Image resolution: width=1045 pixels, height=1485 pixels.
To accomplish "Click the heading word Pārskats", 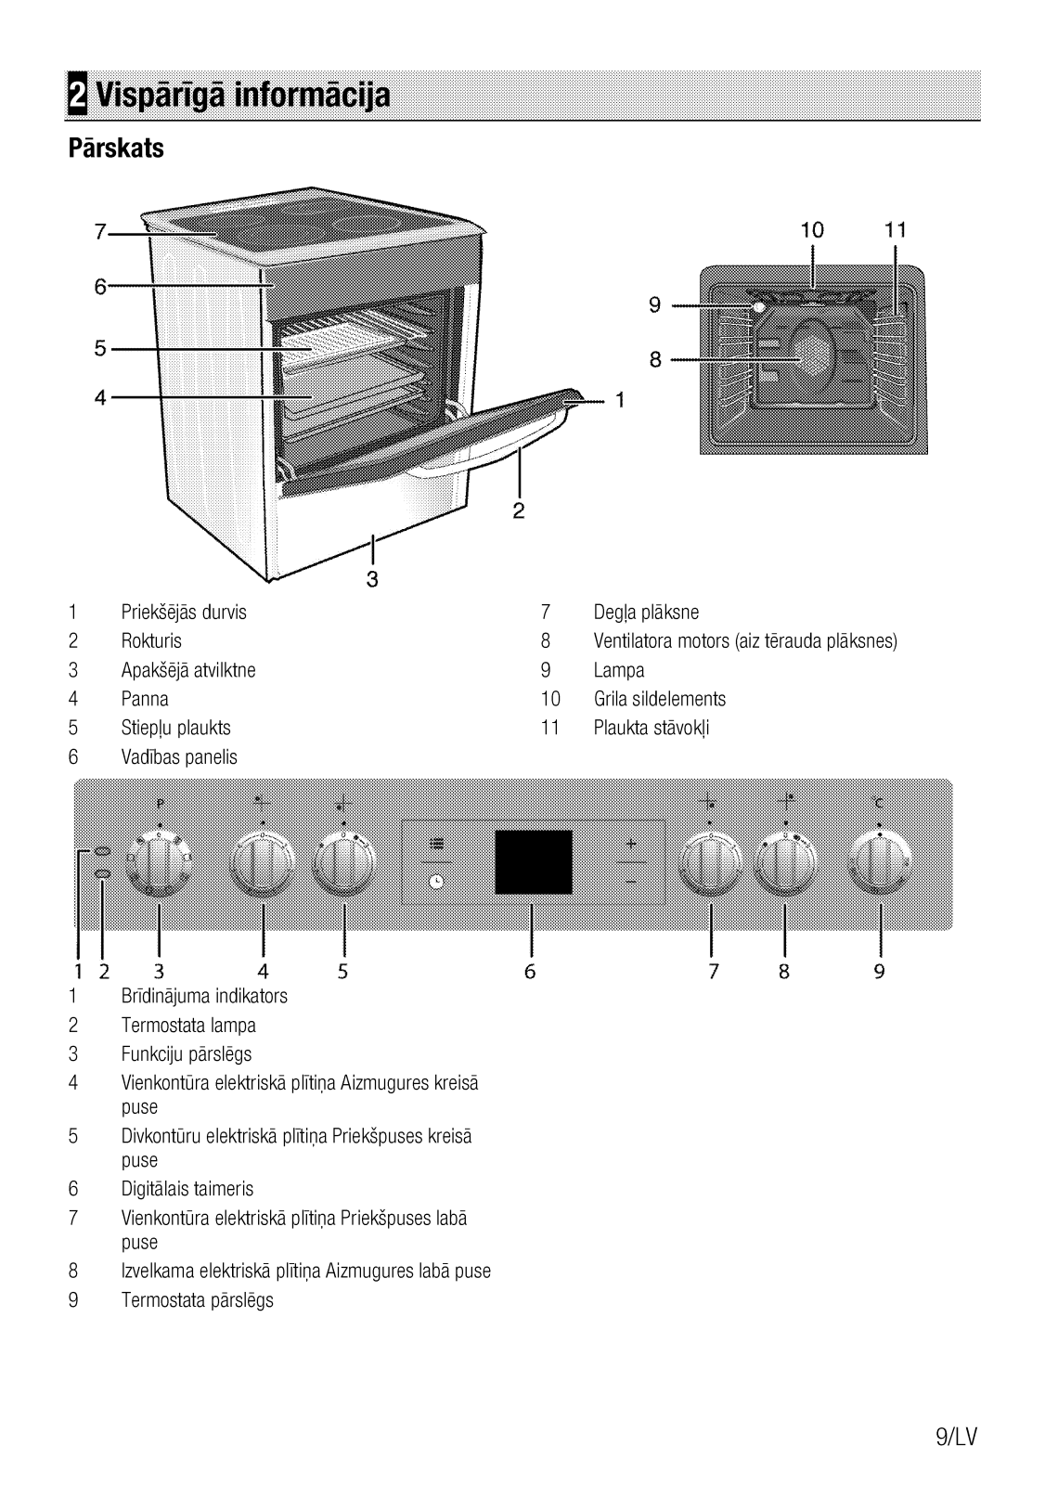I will pyautogui.click(x=116, y=148).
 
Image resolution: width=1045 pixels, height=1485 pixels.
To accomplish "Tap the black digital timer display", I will pyautogui.click(x=533, y=862).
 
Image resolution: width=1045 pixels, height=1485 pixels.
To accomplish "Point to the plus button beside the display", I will pyautogui.click(x=631, y=844).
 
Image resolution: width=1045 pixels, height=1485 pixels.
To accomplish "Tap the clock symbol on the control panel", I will pyautogui.click(x=436, y=882).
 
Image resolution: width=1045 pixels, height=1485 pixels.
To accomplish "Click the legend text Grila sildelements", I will pyautogui.click(x=659, y=699).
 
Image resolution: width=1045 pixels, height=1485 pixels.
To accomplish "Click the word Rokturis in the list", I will pyautogui.click(x=151, y=641).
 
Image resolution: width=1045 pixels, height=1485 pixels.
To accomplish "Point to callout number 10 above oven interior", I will pyautogui.click(x=812, y=230).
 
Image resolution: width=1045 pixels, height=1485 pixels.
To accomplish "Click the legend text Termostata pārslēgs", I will pyautogui.click(x=197, y=1299).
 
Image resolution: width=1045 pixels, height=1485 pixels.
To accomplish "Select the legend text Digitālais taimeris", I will pyautogui.click(x=187, y=1189).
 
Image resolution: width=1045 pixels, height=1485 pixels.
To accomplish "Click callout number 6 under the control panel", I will pyautogui.click(x=530, y=972).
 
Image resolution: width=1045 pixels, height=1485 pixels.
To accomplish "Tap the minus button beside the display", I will pyautogui.click(x=631, y=880).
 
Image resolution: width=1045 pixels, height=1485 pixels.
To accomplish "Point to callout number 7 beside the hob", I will pyautogui.click(x=100, y=233).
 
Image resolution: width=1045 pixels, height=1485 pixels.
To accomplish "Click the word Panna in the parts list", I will pyautogui.click(x=145, y=699).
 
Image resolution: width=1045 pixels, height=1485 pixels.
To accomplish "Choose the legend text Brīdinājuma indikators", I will pyautogui.click(x=204, y=996).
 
